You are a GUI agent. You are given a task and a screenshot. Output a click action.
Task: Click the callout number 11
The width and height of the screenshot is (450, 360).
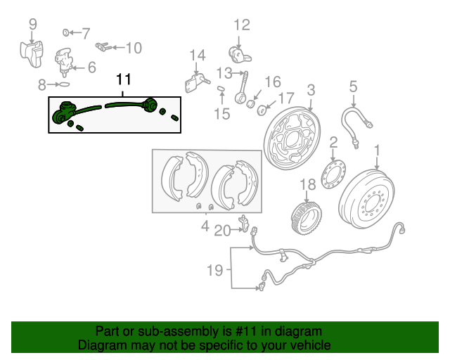tap(124, 81)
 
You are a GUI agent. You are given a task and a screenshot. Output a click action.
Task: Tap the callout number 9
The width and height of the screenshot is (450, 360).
tap(32, 25)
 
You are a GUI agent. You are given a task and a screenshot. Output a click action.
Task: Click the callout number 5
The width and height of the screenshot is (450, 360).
tap(353, 86)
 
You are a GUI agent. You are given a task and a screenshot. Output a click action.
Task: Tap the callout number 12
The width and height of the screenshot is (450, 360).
tap(241, 25)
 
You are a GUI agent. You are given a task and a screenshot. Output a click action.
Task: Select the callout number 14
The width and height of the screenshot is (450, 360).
tap(197, 55)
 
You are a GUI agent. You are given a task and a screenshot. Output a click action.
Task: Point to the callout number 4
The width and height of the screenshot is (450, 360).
tap(205, 226)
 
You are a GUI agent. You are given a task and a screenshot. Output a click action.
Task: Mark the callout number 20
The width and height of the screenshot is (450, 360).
tap(222, 230)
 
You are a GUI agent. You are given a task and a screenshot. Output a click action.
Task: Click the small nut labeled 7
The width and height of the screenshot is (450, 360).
tap(66, 32)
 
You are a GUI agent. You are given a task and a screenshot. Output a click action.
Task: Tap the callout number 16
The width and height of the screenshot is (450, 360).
tap(272, 82)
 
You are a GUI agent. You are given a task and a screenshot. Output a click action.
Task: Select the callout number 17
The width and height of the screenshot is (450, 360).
tap(287, 98)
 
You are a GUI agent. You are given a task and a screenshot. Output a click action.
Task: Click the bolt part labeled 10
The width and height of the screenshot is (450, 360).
tap(103, 48)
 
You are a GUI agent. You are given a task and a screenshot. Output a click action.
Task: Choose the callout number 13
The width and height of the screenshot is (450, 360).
tap(224, 72)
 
